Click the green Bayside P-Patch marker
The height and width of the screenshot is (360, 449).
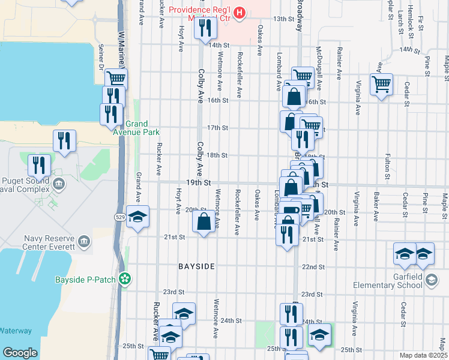[x=125, y=279]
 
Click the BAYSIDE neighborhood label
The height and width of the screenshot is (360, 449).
[x=196, y=265]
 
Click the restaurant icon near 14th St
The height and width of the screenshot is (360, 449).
[x=205, y=28]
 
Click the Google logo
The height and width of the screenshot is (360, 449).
[x=20, y=353]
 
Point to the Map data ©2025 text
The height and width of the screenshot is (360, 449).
[x=423, y=355]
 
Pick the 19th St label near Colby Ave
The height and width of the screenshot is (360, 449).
[x=199, y=182]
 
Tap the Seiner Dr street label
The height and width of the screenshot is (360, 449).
[x=101, y=57]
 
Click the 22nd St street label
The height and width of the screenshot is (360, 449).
[x=313, y=267]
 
